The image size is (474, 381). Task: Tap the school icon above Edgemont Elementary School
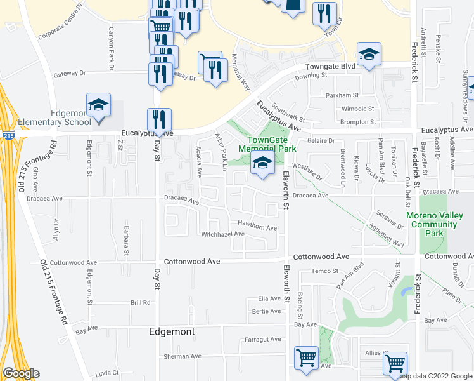(x=98, y=105)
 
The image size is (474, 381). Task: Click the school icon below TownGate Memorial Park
(x=262, y=164)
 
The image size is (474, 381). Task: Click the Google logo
(x=20, y=373)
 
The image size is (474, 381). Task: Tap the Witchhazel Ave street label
(x=222, y=234)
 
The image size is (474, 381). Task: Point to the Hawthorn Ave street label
(x=257, y=227)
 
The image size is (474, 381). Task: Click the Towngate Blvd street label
(x=330, y=66)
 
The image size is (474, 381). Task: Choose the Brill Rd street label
(x=141, y=303)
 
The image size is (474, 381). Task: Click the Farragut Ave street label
(x=262, y=340)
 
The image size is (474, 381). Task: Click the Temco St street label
(x=326, y=271)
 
